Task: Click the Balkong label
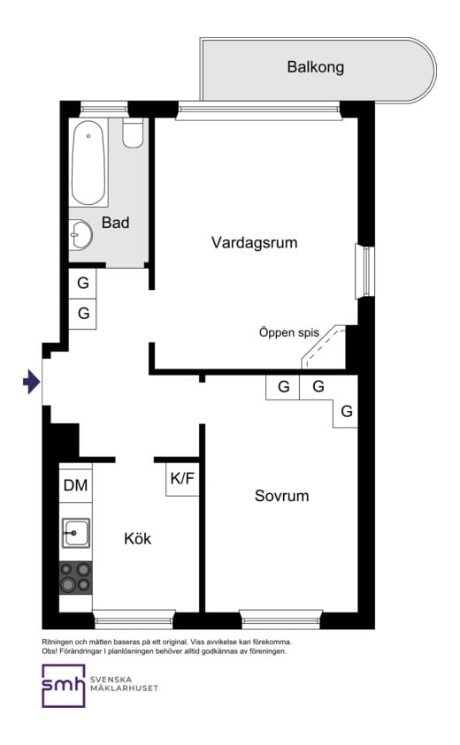pyautogui.click(x=315, y=67)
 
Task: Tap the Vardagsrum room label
pyautogui.click(x=255, y=242)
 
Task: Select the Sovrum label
pyautogui.click(x=281, y=496)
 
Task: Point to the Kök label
pyautogui.click(x=137, y=538)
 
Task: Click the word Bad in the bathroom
pyautogui.click(x=116, y=223)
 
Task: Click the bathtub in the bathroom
pyautogui.click(x=88, y=163)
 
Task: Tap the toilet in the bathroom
pyautogui.click(x=133, y=133)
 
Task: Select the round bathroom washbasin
pyautogui.click(x=80, y=235)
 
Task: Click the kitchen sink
pyautogui.click(x=76, y=533)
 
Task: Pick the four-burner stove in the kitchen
pyautogui.click(x=76, y=577)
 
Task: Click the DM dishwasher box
pyautogui.click(x=76, y=485)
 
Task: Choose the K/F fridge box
pyautogui.click(x=182, y=478)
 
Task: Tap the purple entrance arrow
pyautogui.click(x=31, y=382)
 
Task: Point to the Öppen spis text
pyautogui.click(x=288, y=332)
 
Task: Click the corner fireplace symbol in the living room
pyautogui.click(x=324, y=346)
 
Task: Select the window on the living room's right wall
pyautogui.click(x=364, y=271)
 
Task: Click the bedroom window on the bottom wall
pyautogui.click(x=281, y=620)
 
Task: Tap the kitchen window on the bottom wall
pyautogui.click(x=134, y=620)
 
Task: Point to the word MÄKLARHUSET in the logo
pyautogui.click(x=124, y=688)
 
